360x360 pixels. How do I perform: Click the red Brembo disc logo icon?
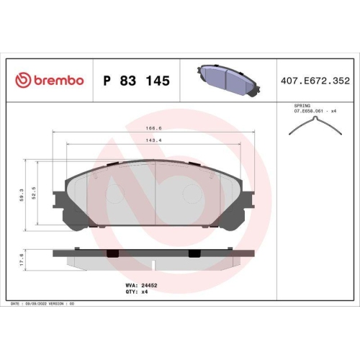[x=23, y=80]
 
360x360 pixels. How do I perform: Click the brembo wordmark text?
[x=59, y=80]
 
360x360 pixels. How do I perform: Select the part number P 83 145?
[x=136, y=81]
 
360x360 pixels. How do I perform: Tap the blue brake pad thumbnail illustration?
[x=229, y=81]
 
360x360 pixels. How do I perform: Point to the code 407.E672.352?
[x=315, y=81]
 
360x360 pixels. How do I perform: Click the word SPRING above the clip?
[x=302, y=106]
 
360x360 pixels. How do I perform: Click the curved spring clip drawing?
[x=315, y=125]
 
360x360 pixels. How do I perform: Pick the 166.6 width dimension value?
[x=153, y=128]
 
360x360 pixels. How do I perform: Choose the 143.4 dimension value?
[x=153, y=140]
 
